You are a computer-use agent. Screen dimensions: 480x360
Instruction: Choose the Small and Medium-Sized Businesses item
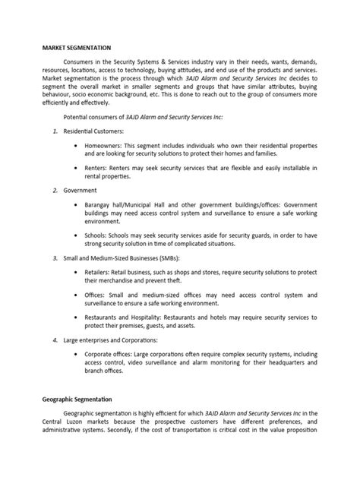[115, 258]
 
